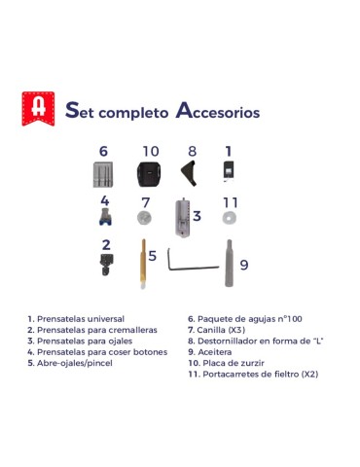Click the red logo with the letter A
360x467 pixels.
click(38, 109)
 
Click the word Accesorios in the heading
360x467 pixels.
click(218, 111)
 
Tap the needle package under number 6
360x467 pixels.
click(103, 174)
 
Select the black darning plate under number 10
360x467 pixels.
click(149, 174)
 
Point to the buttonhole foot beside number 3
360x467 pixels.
click(183, 217)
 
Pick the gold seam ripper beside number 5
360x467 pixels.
click(143, 264)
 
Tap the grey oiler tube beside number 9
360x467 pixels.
click(229, 263)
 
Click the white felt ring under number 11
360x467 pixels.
click(230, 218)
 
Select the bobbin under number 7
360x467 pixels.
click(144, 217)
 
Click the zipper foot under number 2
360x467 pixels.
click(106, 265)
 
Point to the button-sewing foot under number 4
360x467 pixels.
click(105, 216)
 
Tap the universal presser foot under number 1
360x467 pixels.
click(229, 170)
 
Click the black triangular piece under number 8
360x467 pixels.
click(189, 173)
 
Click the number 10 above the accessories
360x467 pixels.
click(151, 151)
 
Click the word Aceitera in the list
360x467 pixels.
click(215, 352)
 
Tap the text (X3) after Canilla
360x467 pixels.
click(236, 330)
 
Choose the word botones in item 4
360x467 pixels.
click(151, 352)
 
